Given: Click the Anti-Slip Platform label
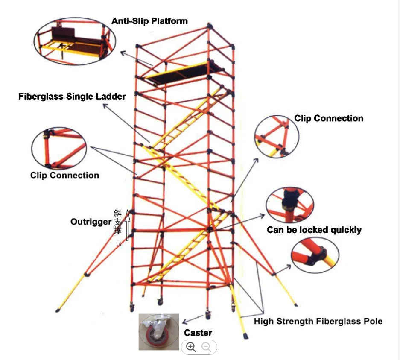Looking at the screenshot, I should [149, 21].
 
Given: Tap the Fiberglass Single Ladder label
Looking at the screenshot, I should [72, 97].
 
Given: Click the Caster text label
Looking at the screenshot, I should [198, 333].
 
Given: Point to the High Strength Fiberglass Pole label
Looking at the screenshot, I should [318, 321].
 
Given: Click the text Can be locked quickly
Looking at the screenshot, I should [314, 230].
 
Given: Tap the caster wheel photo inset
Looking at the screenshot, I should [158, 332].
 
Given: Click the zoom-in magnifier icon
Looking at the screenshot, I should [191, 347].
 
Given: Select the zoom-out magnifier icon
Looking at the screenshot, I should [207, 347].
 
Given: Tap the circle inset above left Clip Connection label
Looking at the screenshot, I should [59, 148].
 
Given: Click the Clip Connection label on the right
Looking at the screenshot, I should [329, 119].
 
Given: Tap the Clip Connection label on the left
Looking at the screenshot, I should [64, 175].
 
